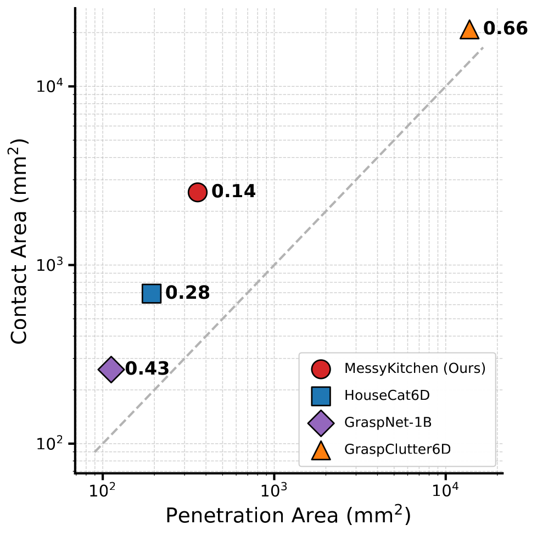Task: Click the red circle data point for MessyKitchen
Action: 198,192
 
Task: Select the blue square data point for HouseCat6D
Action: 152,293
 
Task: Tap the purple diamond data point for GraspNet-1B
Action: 111,369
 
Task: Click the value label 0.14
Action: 233,192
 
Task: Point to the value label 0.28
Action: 187,293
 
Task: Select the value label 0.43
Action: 147,369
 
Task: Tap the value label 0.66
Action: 505,29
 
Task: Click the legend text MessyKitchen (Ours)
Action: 415,369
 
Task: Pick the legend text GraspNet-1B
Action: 380,422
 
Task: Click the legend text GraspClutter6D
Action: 398,449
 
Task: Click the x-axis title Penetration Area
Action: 288,516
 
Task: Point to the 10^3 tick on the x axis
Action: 273,488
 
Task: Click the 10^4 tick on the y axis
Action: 51,86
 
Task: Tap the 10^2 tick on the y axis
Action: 51,444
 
